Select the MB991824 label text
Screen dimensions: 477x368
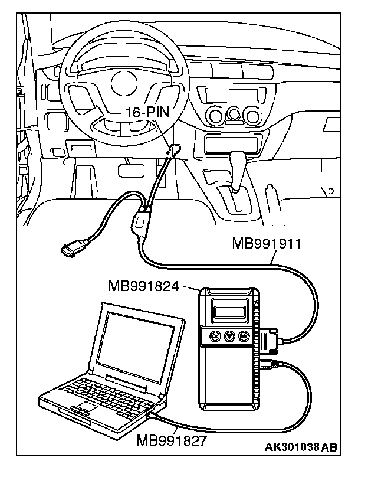pos(145,286)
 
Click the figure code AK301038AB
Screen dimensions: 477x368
pos(301,447)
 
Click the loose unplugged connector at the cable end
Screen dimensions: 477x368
pos(71,249)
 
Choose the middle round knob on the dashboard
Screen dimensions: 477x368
pos(236,113)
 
